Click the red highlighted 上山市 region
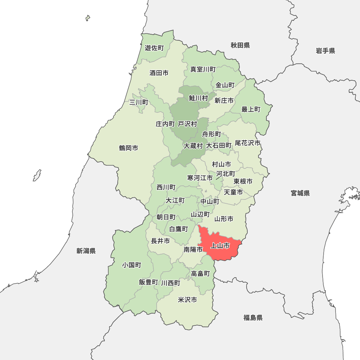[x=220, y=247]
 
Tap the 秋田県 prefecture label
[x=240, y=45]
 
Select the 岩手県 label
[x=325, y=51]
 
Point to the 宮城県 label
[x=300, y=193]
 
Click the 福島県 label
[x=253, y=318]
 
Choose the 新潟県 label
[x=86, y=251]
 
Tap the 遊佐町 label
[x=154, y=48]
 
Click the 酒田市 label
[x=159, y=73]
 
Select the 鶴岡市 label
[x=129, y=148]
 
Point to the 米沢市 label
[x=188, y=300]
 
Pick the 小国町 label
[x=131, y=265]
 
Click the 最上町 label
[x=251, y=109]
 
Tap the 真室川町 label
[x=203, y=69]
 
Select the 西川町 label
[x=166, y=188]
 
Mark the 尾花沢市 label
[x=248, y=143]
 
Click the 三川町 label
[x=139, y=102]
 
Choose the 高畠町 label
[x=201, y=274]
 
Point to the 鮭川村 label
[x=198, y=98]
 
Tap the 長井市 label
[x=160, y=241]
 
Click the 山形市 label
[x=224, y=219]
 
